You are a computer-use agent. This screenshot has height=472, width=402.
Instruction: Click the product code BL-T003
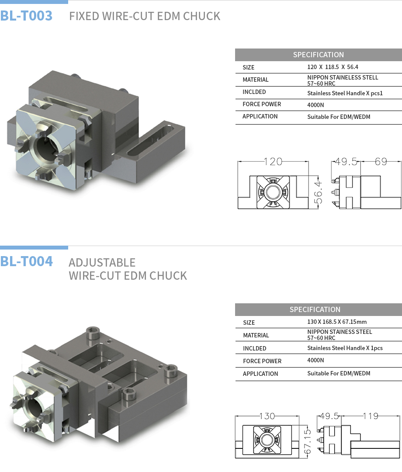click(x=26, y=16)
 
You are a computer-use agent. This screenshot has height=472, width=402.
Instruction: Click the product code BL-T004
click(x=27, y=261)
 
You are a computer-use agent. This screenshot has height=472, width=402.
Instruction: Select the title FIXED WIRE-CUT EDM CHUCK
click(x=145, y=16)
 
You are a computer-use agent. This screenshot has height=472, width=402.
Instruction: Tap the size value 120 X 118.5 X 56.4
click(x=333, y=67)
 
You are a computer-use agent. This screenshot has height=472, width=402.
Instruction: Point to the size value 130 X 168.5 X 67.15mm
click(x=337, y=322)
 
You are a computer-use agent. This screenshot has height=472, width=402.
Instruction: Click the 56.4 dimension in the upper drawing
click(x=318, y=193)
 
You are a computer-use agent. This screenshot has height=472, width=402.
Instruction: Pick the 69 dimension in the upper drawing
click(x=381, y=162)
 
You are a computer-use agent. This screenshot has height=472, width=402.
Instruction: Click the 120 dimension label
click(x=273, y=162)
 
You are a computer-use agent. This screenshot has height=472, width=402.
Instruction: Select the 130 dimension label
click(x=267, y=416)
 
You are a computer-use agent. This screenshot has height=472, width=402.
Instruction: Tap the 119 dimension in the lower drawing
click(x=371, y=416)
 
